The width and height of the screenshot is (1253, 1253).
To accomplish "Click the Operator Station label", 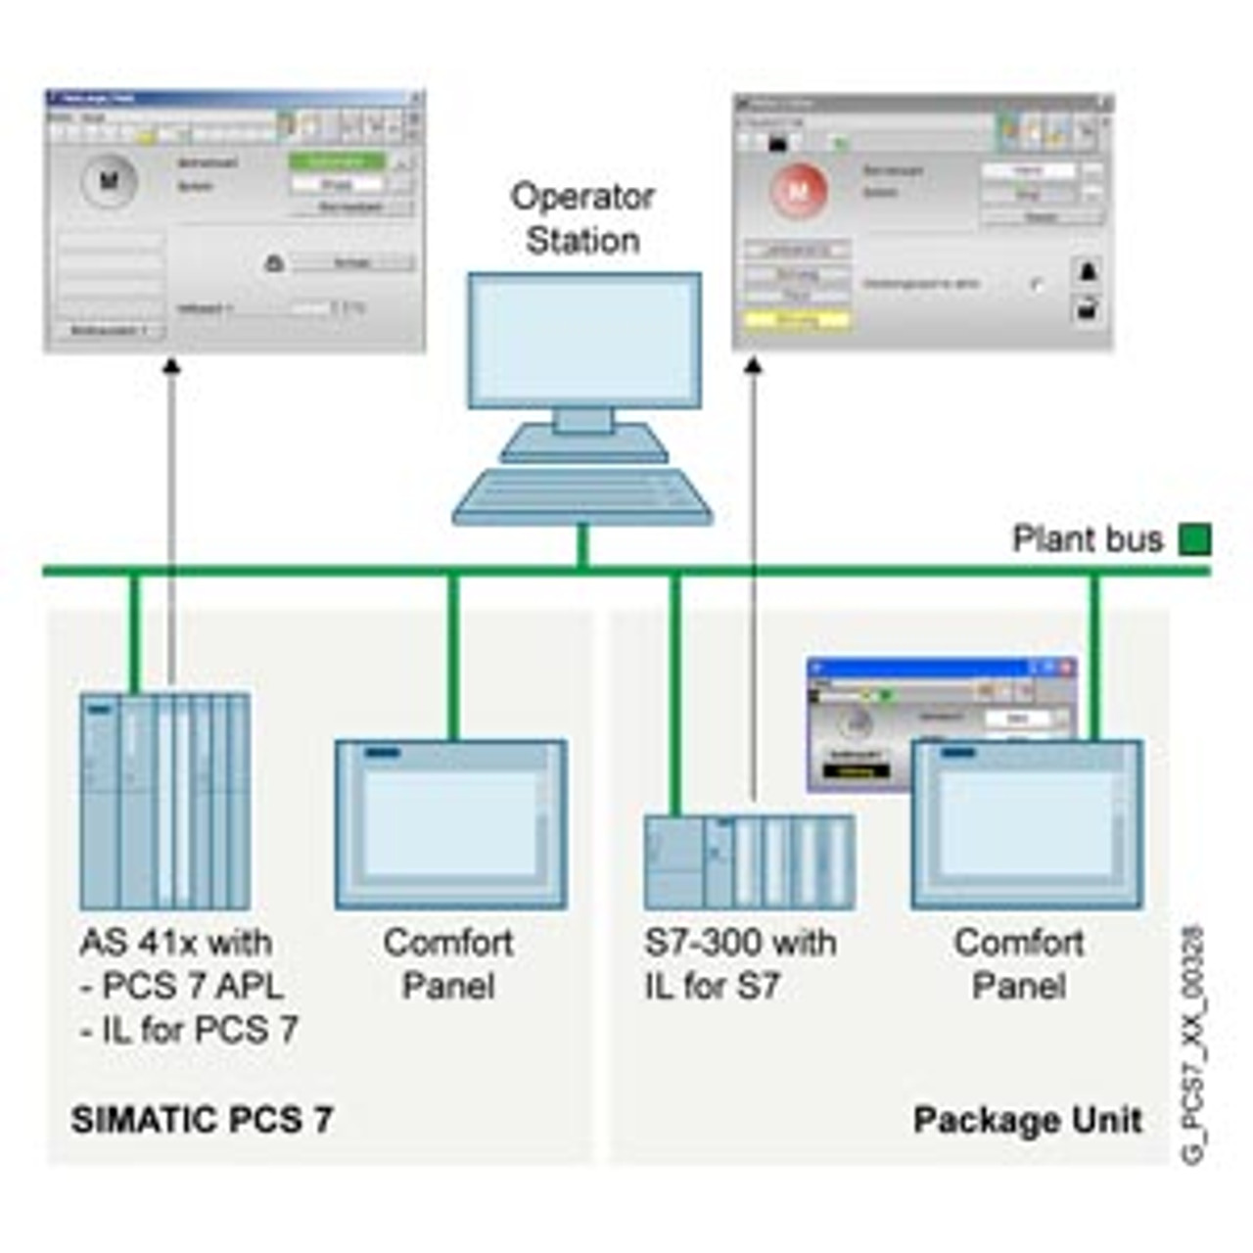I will pos(582,218).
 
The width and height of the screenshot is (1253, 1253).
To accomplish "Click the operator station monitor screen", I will pos(583,339).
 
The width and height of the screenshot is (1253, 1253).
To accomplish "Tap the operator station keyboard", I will pos(582,497).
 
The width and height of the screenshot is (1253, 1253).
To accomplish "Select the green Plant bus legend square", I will pos(1193,539).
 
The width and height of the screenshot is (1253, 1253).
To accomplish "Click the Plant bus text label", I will pos(1087,539).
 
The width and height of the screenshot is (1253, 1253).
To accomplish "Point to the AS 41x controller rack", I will pos(164,801).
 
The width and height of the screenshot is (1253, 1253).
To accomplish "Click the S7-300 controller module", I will pos(749,861).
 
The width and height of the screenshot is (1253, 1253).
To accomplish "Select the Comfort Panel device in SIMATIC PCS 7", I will pos(450,824).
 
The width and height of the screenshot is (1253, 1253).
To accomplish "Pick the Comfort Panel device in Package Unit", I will pos(1026,824).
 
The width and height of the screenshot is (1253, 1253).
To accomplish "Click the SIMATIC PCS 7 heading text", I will pos(202,1120).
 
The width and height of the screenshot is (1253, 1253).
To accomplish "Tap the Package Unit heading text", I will pos(1027,1120).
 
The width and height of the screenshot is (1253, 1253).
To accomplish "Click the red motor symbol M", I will pos(799,190).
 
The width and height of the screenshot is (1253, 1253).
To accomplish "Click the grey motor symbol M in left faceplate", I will pos(109,180).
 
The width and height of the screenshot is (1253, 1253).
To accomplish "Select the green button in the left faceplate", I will pos(336,162).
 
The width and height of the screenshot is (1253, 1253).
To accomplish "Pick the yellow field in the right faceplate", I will pos(796,319).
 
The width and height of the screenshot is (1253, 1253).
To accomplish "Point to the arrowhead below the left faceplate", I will pos(171,366).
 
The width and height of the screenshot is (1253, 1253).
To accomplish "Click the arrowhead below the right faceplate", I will pos(753,365).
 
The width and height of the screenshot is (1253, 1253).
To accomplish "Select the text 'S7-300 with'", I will pos(740,943).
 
